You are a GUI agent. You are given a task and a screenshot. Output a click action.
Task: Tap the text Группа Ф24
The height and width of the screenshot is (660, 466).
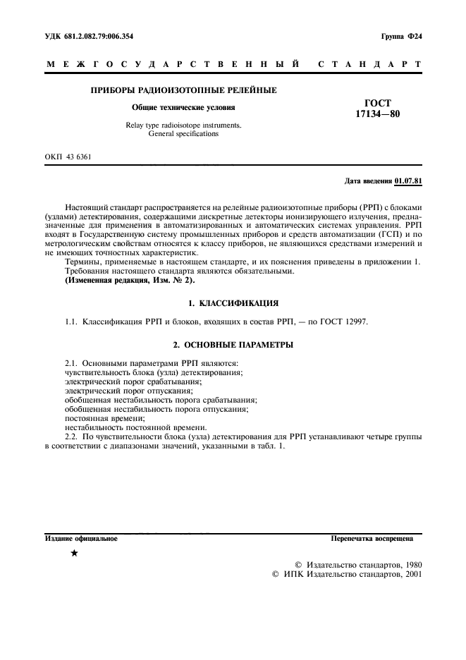click(401, 36)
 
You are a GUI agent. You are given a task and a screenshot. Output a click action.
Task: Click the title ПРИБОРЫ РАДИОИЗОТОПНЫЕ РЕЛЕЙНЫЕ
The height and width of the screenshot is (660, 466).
click(184, 90)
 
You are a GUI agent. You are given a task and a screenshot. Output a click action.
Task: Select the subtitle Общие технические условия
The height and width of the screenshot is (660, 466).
click(184, 108)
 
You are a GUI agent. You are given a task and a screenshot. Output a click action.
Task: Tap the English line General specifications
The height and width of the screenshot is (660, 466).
click(183, 133)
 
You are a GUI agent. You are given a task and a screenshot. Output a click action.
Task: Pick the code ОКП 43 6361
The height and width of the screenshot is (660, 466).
click(68, 157)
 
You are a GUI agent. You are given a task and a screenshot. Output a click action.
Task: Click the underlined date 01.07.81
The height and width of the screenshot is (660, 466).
click(409, 181)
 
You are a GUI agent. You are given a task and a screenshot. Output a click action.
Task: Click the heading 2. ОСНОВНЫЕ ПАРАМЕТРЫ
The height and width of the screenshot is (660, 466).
click(233, 345)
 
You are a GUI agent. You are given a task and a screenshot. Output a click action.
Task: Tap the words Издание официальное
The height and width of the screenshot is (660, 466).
click(81, 539)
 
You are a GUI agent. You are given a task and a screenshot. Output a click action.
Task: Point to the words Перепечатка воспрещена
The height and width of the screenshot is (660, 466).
click(372, 539)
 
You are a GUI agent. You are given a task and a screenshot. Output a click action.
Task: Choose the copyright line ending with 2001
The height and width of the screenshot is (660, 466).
click(347, 575)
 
